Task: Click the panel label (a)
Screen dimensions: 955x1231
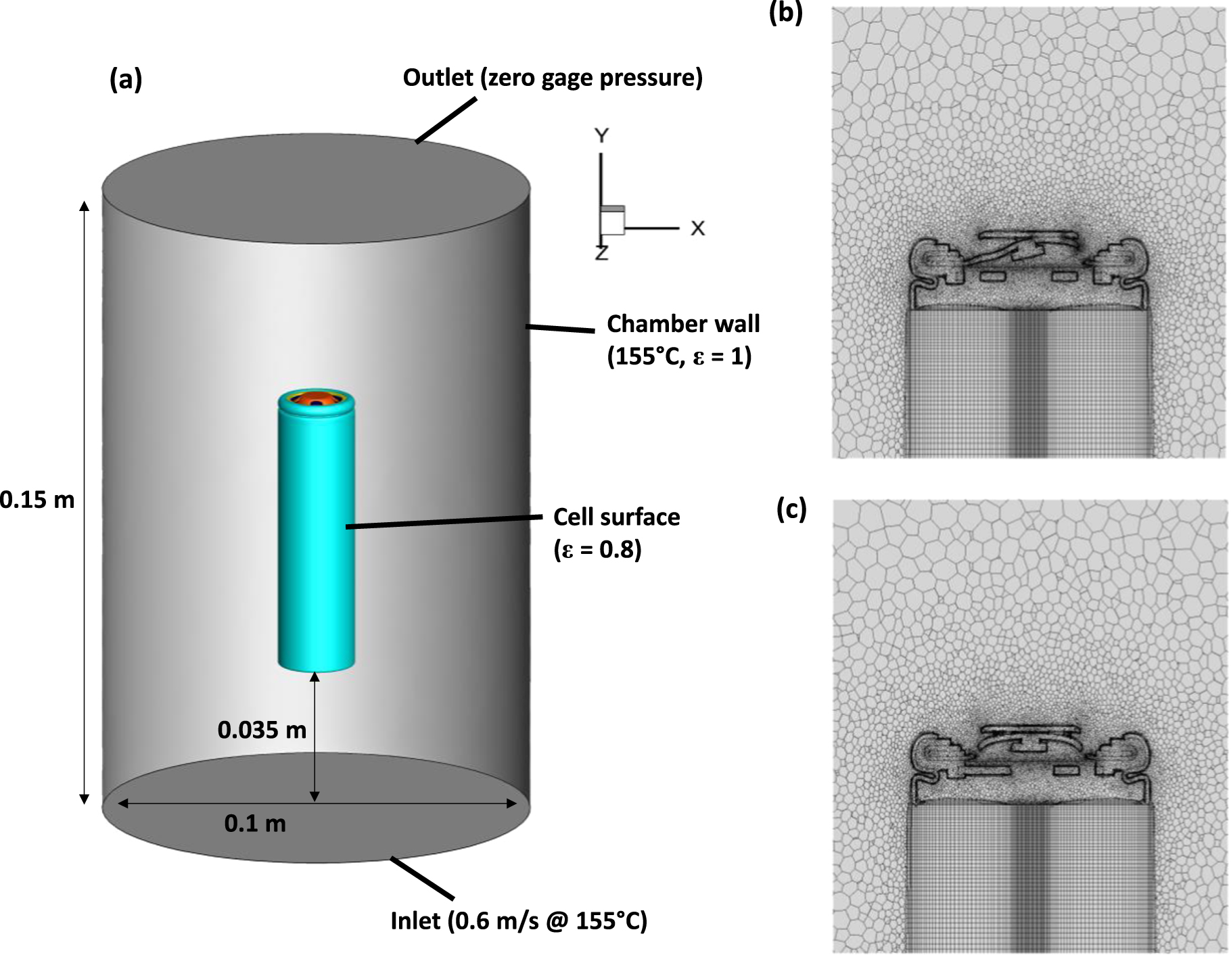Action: click(126, 80)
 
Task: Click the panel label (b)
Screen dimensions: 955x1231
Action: click(785, 13)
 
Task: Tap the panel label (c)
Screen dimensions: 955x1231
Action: click(791, 509)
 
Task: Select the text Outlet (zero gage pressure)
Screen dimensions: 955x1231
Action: click(553, 78)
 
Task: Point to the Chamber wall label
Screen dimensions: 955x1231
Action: click(683, 324)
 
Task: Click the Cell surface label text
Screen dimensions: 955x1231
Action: click(616, 517)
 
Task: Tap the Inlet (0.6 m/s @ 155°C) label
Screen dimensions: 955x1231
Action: click(519, 921)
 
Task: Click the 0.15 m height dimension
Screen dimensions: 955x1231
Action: click(37, 500)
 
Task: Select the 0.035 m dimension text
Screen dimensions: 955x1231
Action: click(262, 730)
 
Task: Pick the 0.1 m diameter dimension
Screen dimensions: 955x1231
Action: click(255, 824)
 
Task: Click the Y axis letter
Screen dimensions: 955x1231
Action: click(601, 137)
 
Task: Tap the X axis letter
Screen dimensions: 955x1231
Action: click(697, 229)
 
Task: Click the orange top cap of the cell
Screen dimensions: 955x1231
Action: click(315, 399)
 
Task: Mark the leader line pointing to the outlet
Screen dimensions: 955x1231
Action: click(446, 120)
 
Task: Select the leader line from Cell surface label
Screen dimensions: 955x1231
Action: click(444, 521)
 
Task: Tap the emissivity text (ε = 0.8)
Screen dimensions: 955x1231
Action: click(597, 549)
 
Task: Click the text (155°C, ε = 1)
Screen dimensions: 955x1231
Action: click(679, 356)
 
